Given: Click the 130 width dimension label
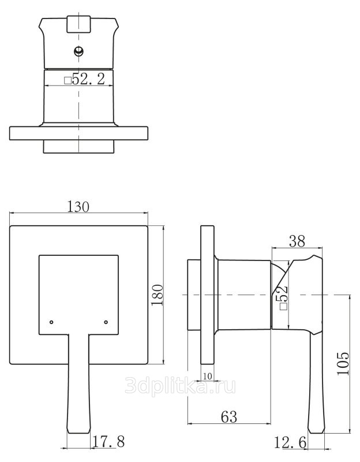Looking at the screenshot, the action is pos(78,207).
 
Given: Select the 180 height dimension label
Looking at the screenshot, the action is pos(157,295).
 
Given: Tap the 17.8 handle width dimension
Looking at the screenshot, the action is pos(108,441).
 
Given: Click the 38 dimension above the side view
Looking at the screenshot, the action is pos(297,241).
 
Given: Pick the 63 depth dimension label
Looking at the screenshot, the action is pos(228,416).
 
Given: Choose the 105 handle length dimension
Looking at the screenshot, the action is pos(343,363).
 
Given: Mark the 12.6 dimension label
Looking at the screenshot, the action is pos(290,442).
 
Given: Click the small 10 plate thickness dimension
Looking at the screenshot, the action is pos(208,377).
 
